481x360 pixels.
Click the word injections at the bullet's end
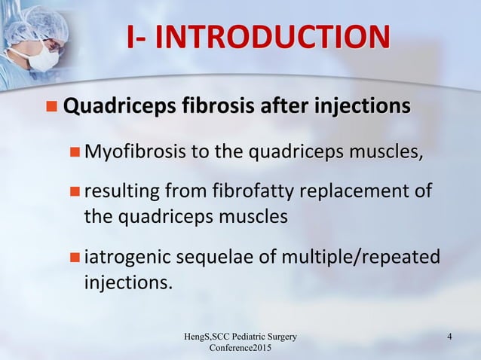click(127, 284)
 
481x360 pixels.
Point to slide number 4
click(449, 336)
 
